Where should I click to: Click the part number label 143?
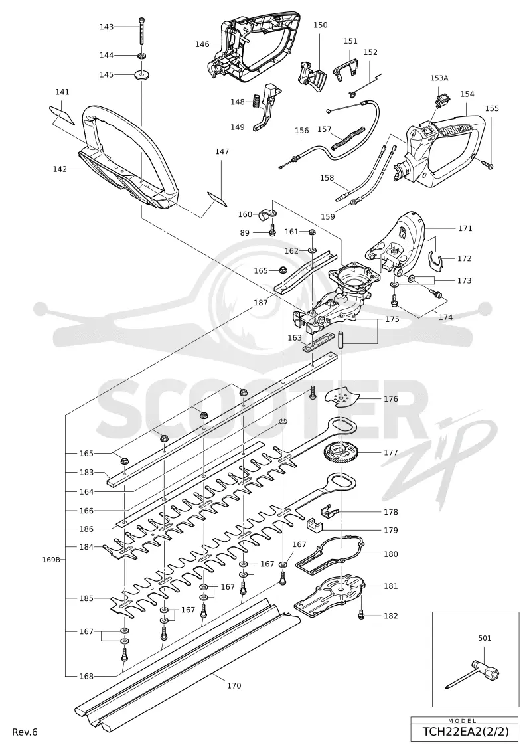[x=106, y=27]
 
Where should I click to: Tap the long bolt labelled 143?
[x=141, y=33]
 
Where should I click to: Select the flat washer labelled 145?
[x=142, y=75]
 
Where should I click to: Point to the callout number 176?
[x=391, y=399]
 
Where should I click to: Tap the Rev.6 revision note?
[x=25, y=732]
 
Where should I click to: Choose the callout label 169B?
[x=51, y=559]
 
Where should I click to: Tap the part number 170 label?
[x=234, y=685]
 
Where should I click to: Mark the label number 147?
[x=222, y=151]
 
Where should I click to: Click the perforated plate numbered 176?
[x=341, y=397]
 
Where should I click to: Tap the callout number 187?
[x=261, y=303]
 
